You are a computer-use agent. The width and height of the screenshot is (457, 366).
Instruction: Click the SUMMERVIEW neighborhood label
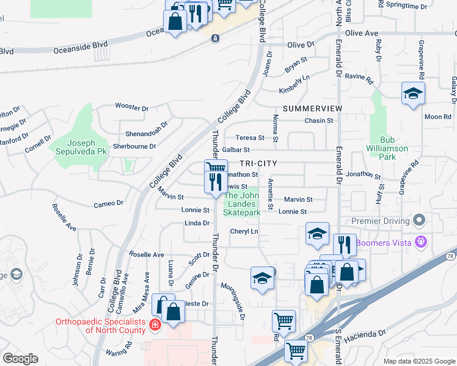pos(313,108)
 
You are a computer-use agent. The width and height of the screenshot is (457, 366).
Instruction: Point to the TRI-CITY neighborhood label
pos(258,163)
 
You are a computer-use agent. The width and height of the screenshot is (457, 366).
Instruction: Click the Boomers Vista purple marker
pos(420,242)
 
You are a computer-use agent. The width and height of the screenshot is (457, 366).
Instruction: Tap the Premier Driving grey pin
pos(419,219)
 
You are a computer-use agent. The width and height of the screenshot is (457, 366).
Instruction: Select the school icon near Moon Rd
pos(413,94)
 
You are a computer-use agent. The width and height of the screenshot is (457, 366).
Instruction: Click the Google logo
pos(20,359)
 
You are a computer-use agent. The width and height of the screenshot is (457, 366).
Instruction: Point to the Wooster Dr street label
pos(132,108)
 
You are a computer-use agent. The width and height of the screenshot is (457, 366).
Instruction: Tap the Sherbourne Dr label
pos(134,146)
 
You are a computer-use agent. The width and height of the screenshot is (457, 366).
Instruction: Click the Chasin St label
pos(319,121)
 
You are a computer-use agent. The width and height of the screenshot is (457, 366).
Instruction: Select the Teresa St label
pos(251,138)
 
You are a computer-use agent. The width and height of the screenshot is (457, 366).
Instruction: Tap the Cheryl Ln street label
pos(244,232)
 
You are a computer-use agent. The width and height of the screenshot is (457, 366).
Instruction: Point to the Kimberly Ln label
pos(294,85)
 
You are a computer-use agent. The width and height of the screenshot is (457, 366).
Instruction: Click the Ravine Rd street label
pos(359,77)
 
